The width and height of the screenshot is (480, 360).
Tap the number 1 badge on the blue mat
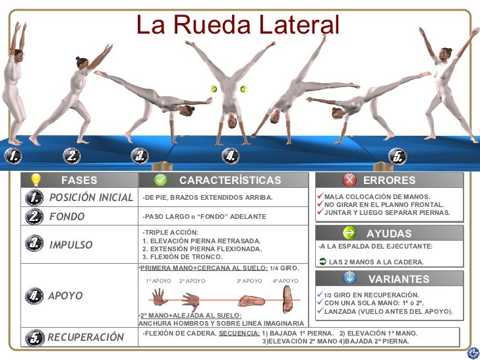(13, 156)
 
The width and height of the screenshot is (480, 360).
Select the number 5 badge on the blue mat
(396, 156)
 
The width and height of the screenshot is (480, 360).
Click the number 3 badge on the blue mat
(139, 156)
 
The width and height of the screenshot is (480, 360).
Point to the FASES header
(79, 180)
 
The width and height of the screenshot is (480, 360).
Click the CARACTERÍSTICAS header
(230, 180)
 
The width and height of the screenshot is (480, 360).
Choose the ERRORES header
(390, 180)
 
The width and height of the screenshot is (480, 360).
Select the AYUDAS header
(389, 233)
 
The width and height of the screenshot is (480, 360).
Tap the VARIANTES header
(390, 279)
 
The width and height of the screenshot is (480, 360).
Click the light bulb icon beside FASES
(36, 180)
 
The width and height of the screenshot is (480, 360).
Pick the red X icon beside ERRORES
(350, 180)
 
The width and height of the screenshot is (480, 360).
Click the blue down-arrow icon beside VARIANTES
(350, 279)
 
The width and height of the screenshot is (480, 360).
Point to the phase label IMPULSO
(71, 245)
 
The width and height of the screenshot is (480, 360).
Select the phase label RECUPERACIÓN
(85, 338)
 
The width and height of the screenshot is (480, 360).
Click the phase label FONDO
(67, 216)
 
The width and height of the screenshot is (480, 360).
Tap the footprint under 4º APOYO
(285, 301)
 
